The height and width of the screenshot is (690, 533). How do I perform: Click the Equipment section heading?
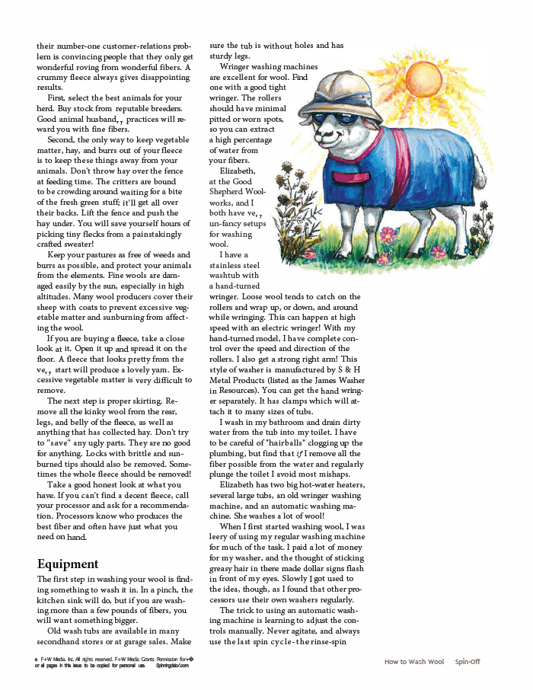[69, 564]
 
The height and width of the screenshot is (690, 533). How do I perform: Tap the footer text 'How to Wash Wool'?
[414, 662]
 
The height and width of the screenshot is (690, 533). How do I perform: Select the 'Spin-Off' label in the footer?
[468, 662]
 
